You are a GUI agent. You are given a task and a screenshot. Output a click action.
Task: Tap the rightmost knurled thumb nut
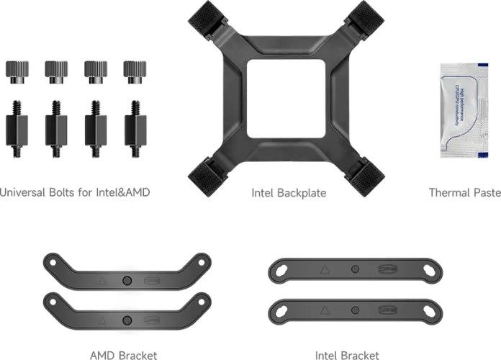click(133, 69)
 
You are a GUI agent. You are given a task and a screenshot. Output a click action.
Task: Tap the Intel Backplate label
click(288, 193)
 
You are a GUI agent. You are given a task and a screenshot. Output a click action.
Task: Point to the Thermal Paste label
click(464, 193)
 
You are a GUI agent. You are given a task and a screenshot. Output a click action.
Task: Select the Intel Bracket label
click(347, 355)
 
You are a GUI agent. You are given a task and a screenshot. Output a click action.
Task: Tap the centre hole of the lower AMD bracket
click(127, 319)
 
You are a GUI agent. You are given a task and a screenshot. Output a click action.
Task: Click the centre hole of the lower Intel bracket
click(353, 309)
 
